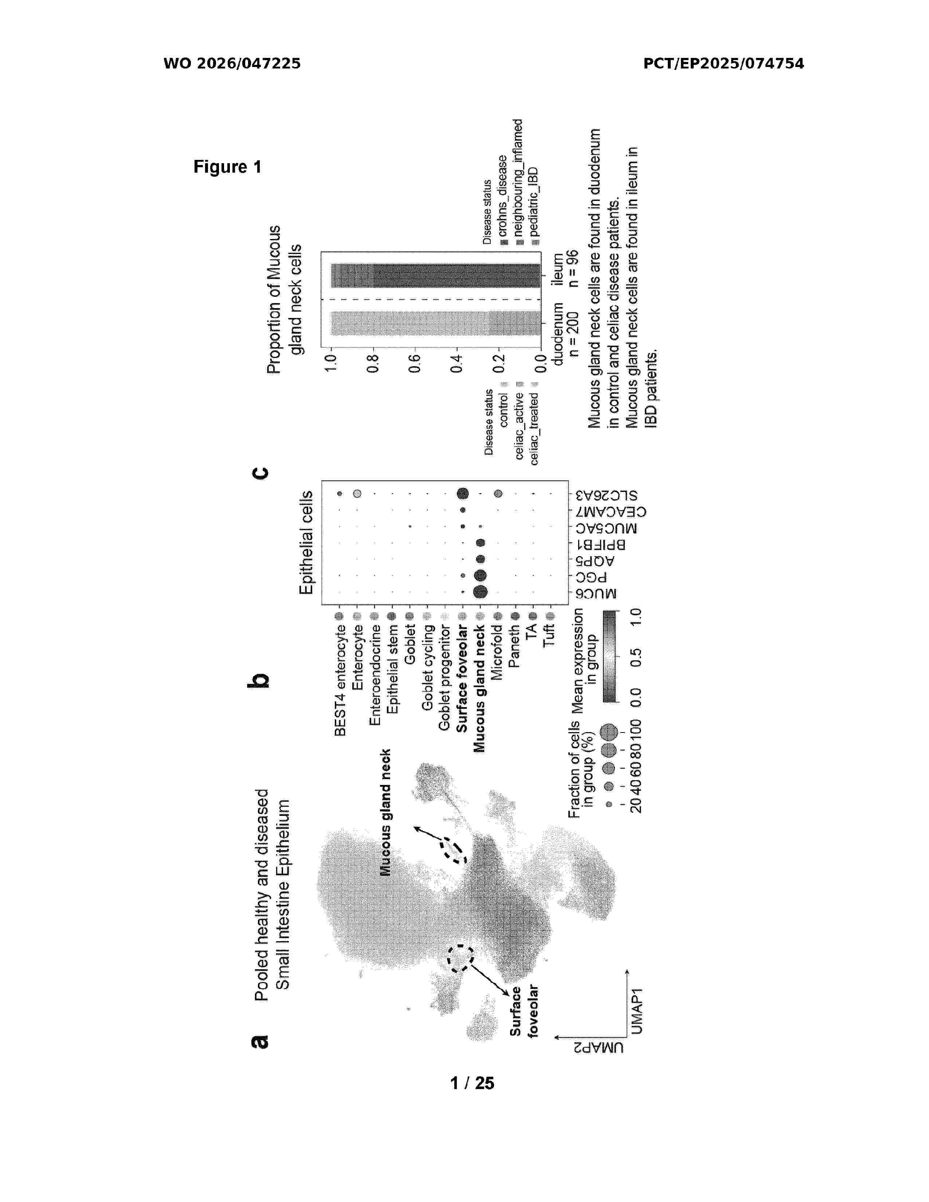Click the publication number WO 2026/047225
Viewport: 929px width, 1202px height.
pos(232,63)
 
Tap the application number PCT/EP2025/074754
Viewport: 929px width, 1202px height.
pos(723,63)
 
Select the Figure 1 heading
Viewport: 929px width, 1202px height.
pos(227,167)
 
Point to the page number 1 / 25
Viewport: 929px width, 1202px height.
pos(472,1083)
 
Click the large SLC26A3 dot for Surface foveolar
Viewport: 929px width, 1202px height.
pos(462,493)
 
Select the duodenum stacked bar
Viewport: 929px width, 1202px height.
pos(435,323)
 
